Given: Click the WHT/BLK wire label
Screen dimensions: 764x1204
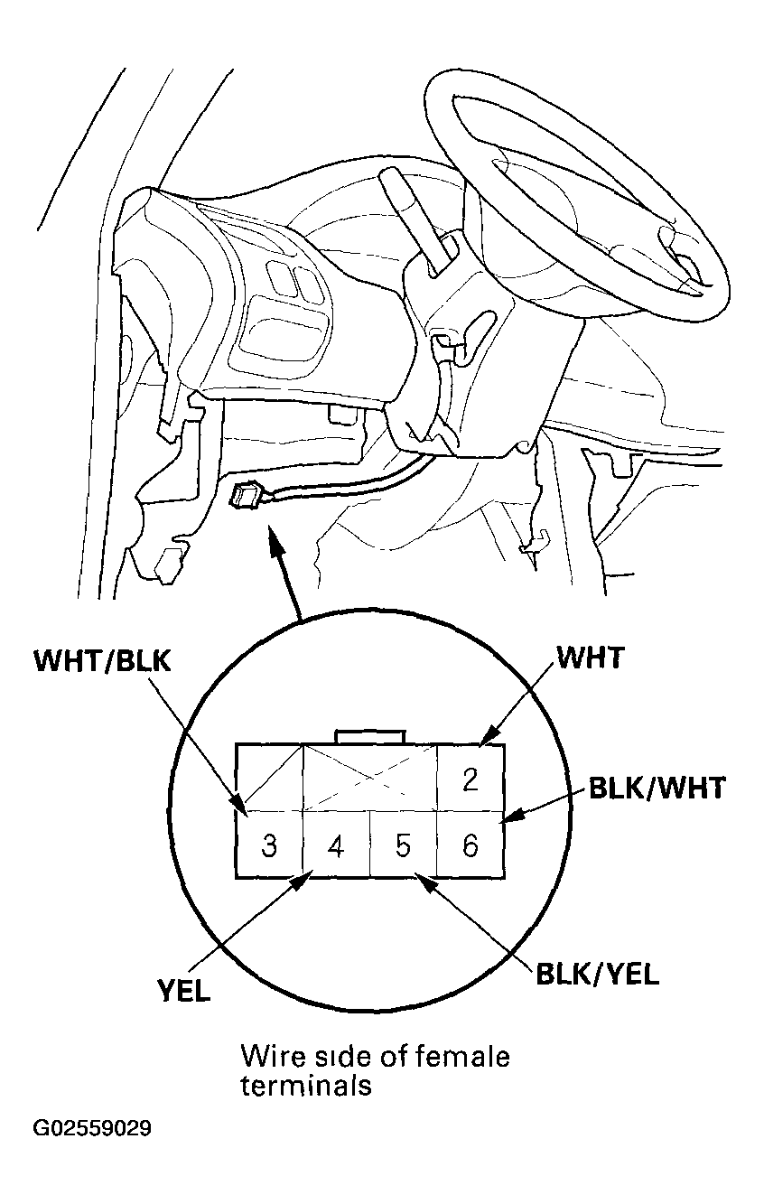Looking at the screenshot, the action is pyautogui.click(x=103, y=660).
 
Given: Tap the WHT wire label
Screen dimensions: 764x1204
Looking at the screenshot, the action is pyautogui.click(x=591, y=657).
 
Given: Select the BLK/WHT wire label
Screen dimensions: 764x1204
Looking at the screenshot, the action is pyautogui.click(x=657, y=788).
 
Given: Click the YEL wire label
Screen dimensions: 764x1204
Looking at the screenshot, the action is pyautogui.click(x=183, y=991).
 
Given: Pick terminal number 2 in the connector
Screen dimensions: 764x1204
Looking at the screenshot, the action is pyautogui.click(x=471, y=779).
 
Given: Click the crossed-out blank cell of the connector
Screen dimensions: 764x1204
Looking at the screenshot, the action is pyautogui.click(x=370, y=778).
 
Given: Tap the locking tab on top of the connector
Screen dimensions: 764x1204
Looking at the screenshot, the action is pyautogui.click(x=370, y=737).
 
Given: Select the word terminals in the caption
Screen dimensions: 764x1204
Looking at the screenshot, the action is pyautogui.click(x=306, y=1084).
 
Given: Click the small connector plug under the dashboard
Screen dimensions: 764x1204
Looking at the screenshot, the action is pyautogui.click(x=245, y=494).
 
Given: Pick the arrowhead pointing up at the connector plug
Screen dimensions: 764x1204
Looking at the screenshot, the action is pyautogui.click(x=276, y=540).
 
